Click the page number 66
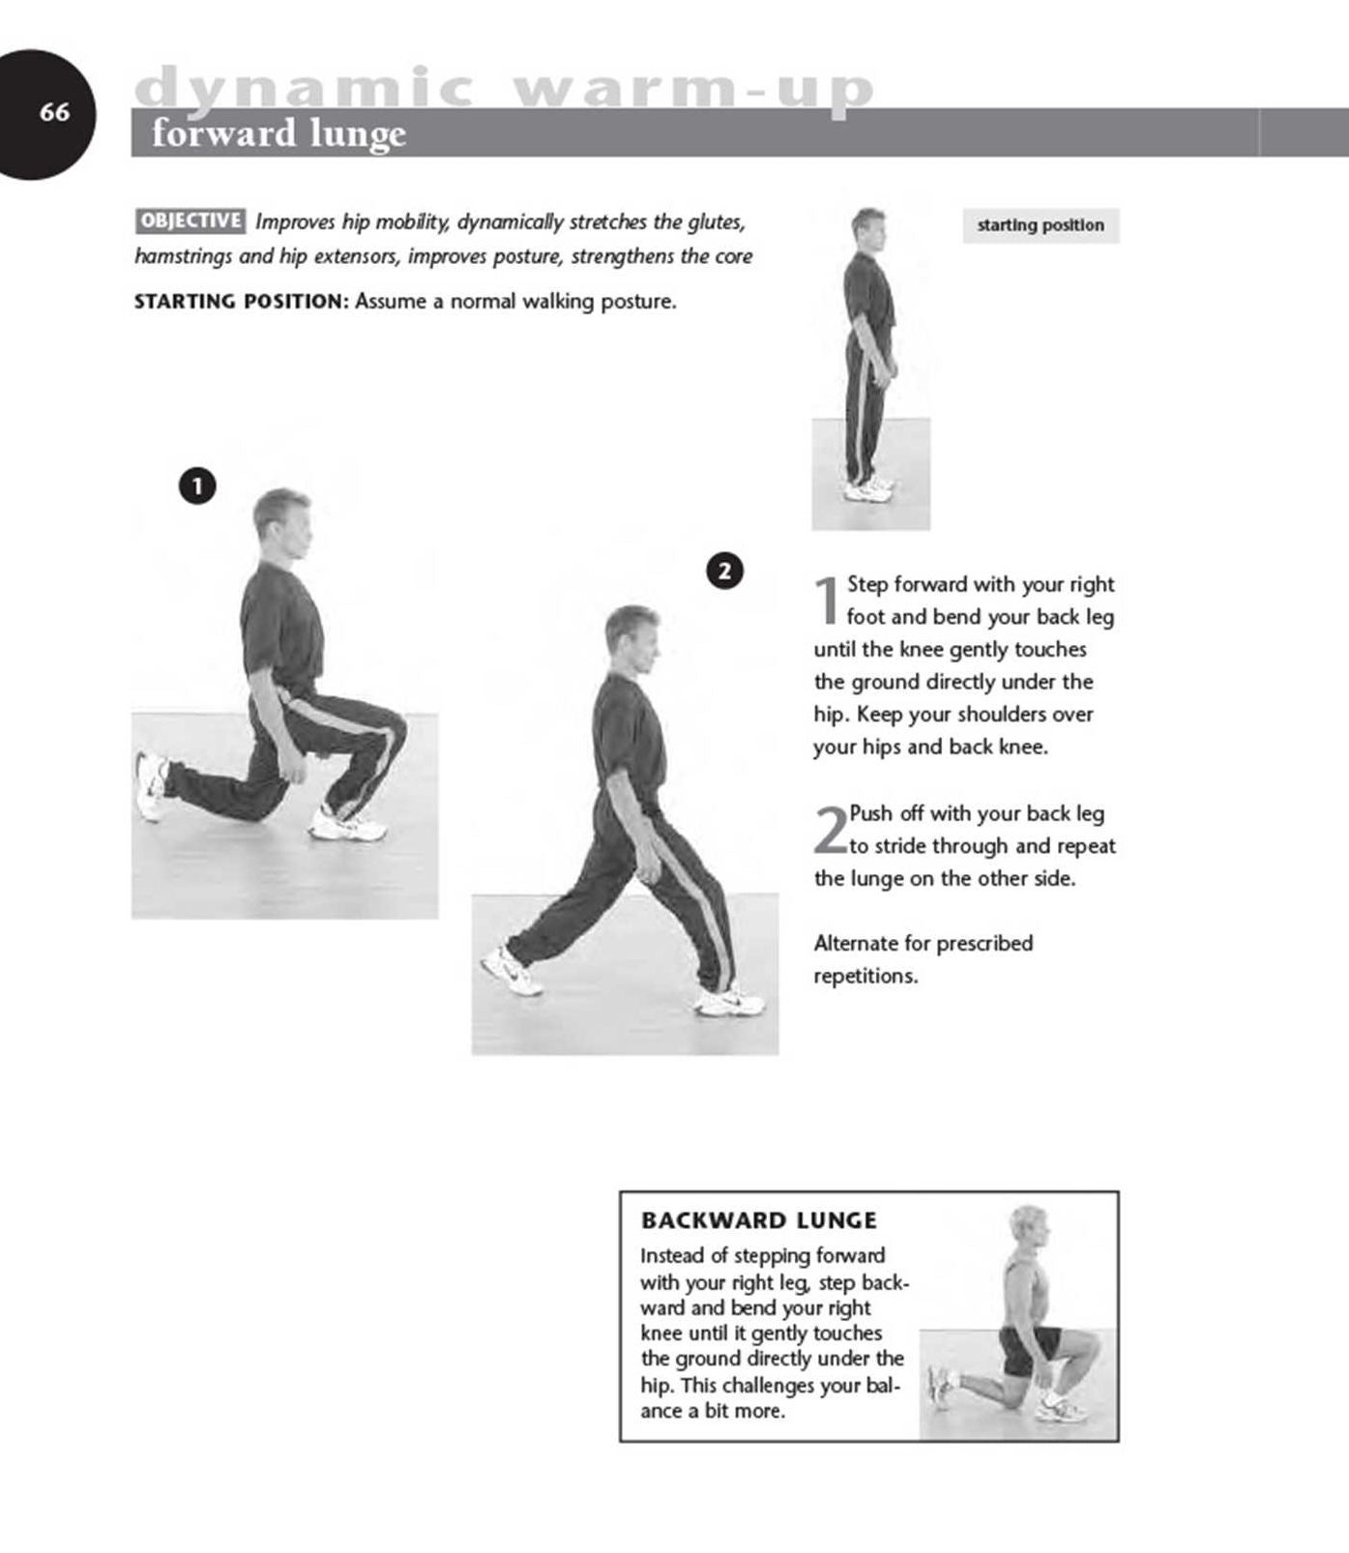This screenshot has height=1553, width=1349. click(54, 112)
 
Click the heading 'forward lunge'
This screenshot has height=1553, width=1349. click(279, 133)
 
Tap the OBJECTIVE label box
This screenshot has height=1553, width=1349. click(191, 220)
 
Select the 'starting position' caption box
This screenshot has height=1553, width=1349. click(1041, 225)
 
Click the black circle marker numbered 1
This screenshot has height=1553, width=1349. click(197, 485)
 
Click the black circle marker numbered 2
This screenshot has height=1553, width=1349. click(725, 571)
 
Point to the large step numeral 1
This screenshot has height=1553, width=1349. click(828, 601)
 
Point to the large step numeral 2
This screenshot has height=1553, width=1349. click(830, 831)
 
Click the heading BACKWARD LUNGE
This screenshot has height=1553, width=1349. click(758, 1220)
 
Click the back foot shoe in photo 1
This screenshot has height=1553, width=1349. click(151, 785)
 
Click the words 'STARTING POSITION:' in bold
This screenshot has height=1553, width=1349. click(240, 302)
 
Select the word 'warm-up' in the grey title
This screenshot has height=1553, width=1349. click(693, 89)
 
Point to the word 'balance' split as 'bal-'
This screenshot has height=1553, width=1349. click(883, 1386)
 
